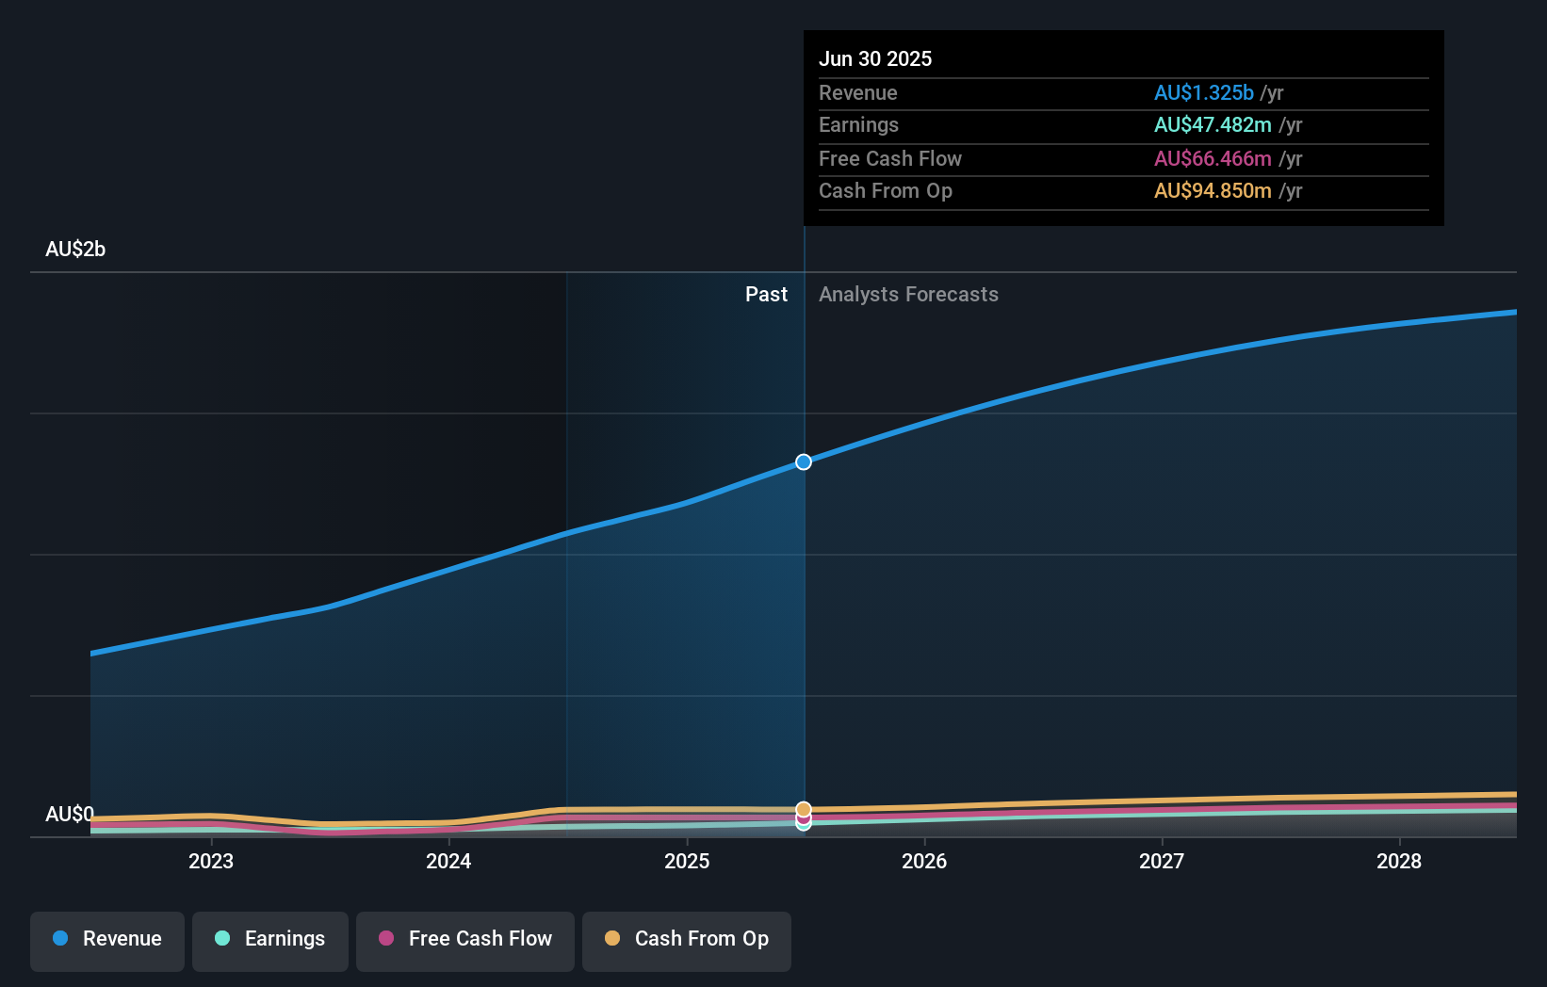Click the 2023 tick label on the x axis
(211, 861)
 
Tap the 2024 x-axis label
(448, 861)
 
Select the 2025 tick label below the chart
(687, 861)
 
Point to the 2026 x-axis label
(924, 861)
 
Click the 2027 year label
(1162, 861)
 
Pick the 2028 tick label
(1399, 861)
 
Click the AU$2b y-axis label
(75, 249)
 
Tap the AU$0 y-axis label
(70, 814)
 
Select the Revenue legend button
(107, 939)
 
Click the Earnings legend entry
(270, 939)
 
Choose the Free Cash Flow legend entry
(465, 939)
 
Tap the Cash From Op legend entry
(687, 939)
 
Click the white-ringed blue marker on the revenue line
(804, 461)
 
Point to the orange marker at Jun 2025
(804, 809)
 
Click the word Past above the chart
(766, 294)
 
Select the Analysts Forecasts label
(908, 294)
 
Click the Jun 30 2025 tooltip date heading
(875, 58)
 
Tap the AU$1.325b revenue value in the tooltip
(1203, 92)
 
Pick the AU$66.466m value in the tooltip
(1213, 158)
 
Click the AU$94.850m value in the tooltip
(1213, 190)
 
